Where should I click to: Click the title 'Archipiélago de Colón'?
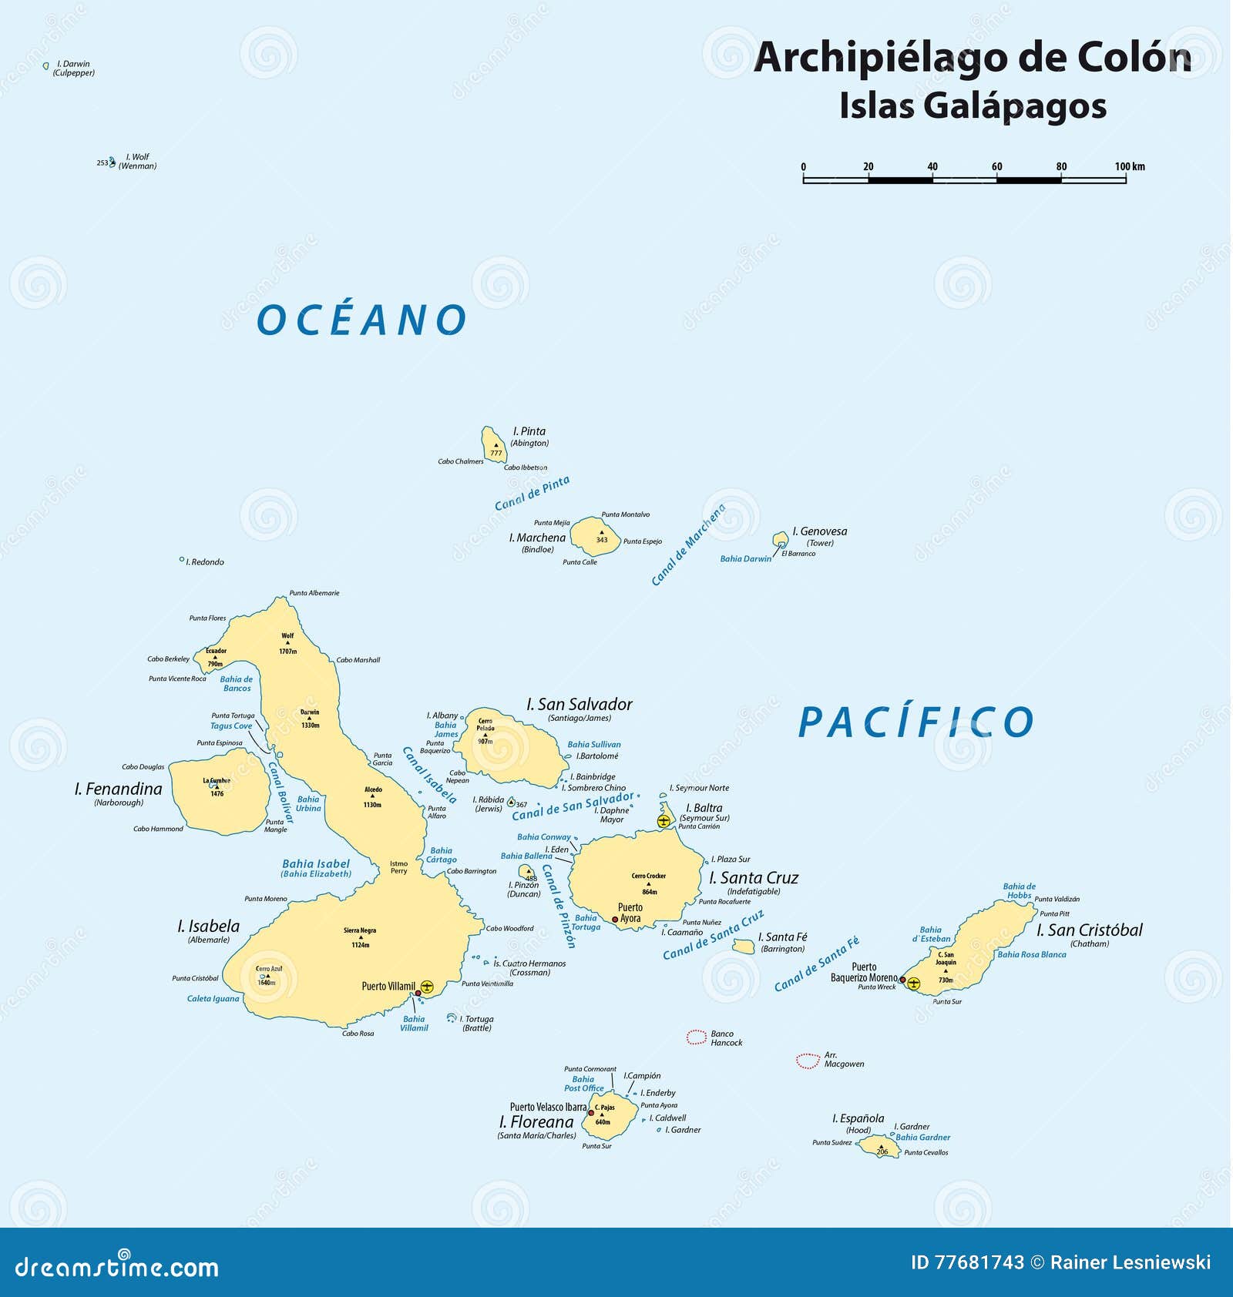pos(972,58)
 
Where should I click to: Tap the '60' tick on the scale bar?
pos(996,166)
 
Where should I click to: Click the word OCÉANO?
pos(361,320)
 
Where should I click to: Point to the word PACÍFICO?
pos(916,722)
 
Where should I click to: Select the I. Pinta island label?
pos(529,431)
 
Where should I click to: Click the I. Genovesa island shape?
pos(781,539)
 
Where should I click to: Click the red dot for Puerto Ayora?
pos(615,920)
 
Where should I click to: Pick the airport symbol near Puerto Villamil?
pos(427,986)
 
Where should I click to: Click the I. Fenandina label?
pos(119,789)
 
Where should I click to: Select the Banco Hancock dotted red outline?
pos(697,1037)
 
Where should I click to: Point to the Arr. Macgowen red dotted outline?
pos(808,1061)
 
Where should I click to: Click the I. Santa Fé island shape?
pos(744,947)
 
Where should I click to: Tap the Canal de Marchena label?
pos(688,545)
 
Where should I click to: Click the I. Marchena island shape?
pos(595,536)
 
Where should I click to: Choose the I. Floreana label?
pos(536,1122)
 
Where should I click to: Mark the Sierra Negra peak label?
pos(360,930)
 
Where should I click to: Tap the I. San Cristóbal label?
pos(1090,930)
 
